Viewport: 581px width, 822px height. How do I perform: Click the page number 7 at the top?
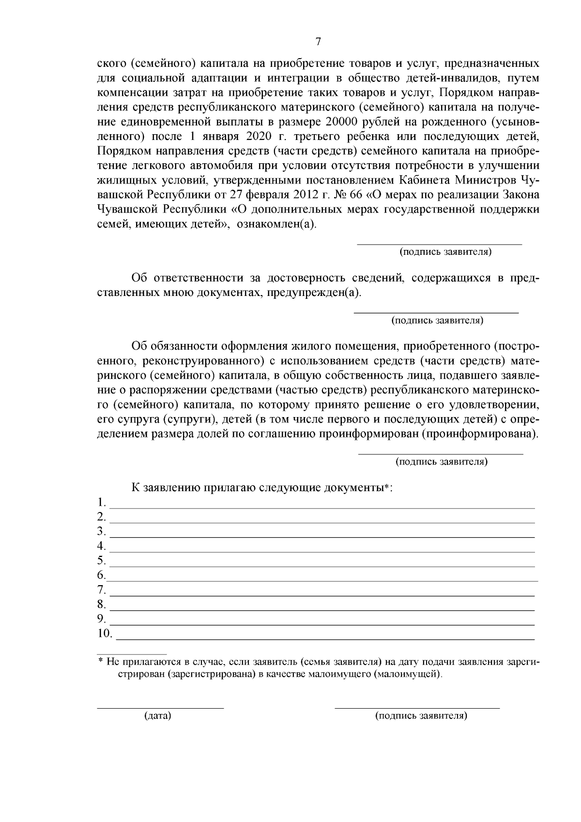(x=318, y=42)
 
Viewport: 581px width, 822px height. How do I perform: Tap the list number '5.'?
(x=101, y=561)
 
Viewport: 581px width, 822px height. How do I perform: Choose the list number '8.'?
(x=101, y=605)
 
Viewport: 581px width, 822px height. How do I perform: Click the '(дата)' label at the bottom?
(x=158, y=716)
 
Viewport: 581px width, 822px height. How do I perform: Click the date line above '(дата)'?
(x=160, y=708)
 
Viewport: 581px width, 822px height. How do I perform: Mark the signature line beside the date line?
(x=417, y=708)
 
